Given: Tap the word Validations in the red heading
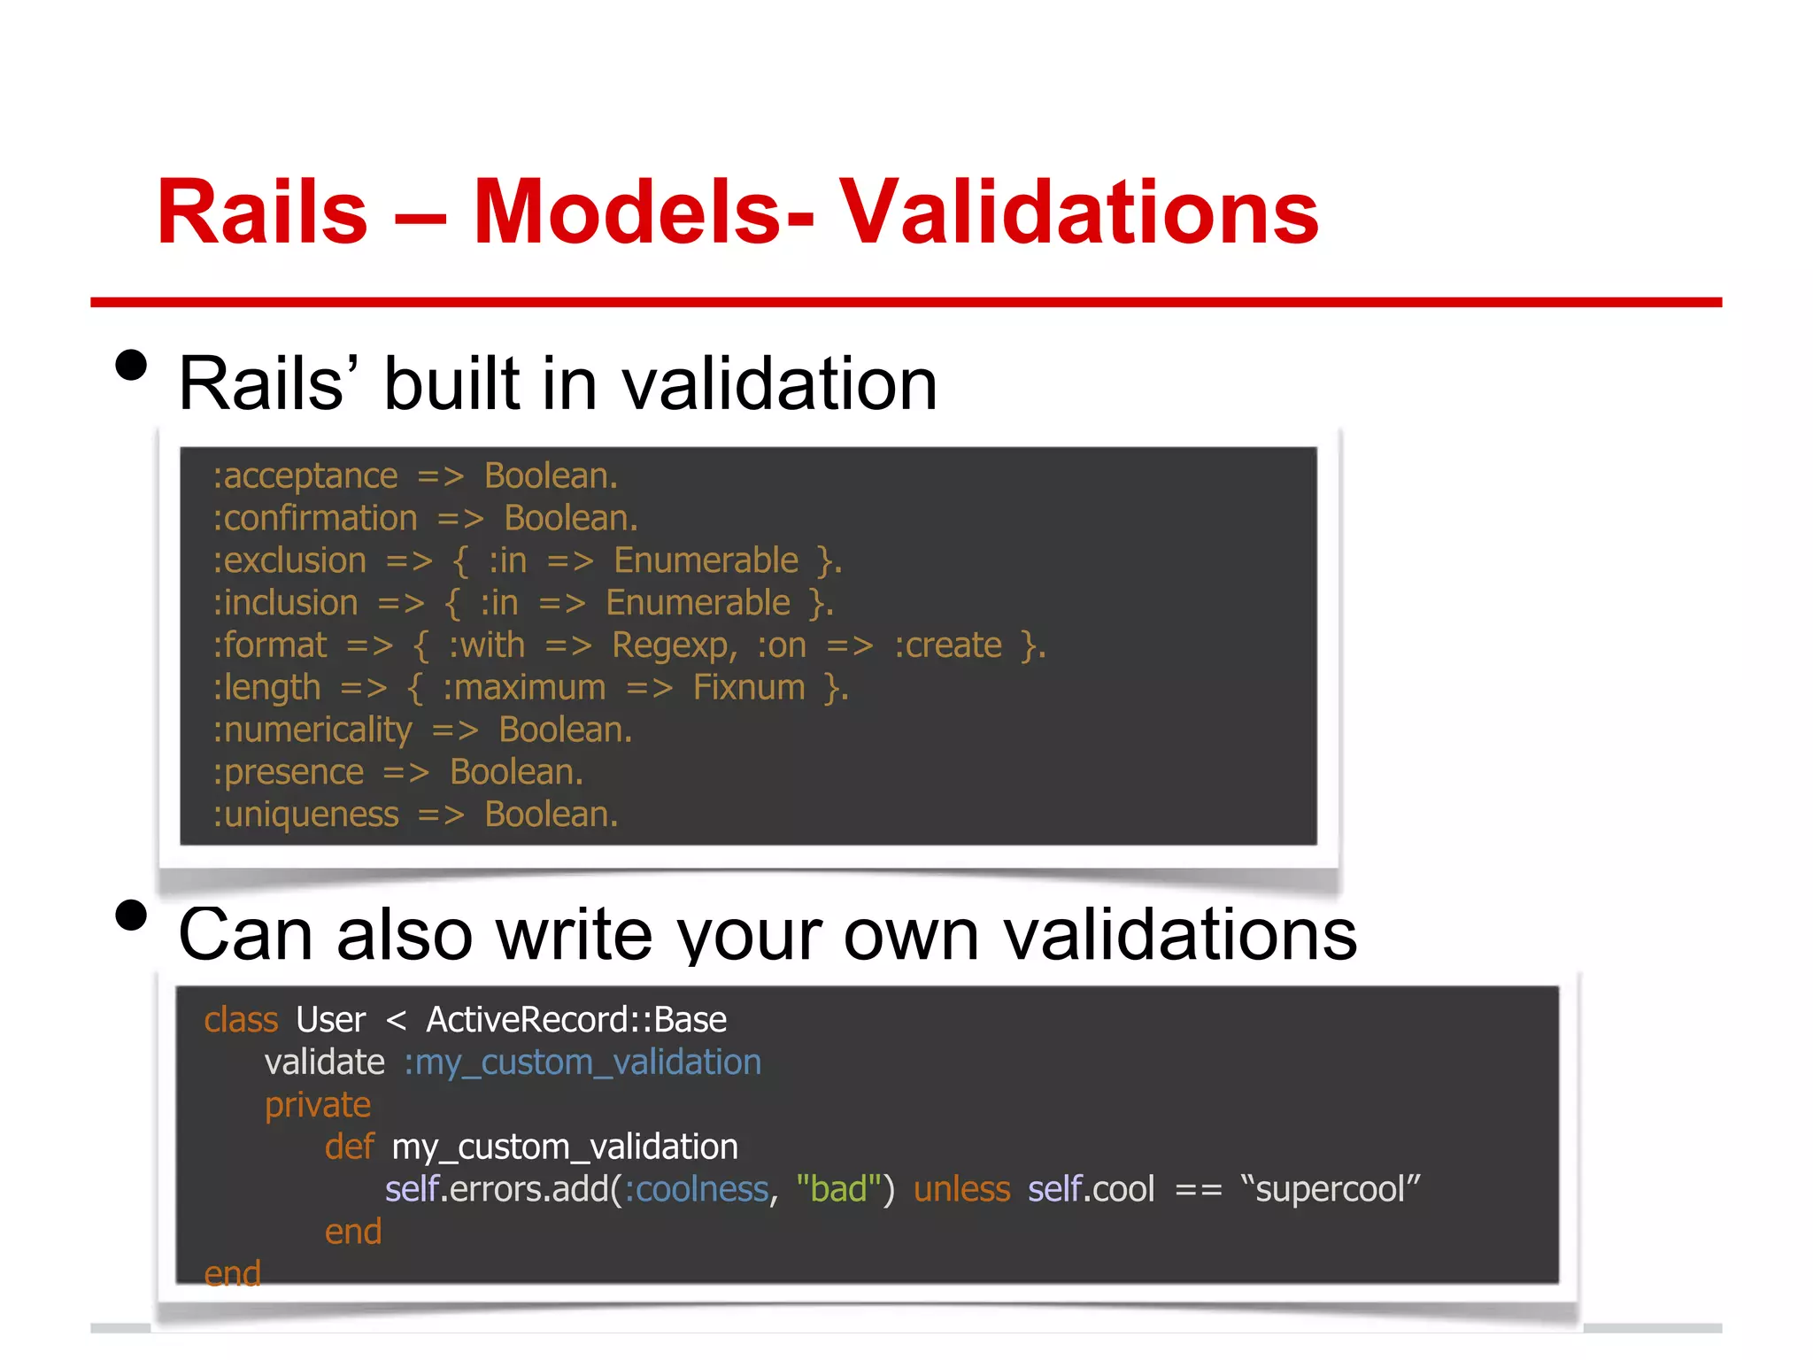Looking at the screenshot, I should pos(1078,212).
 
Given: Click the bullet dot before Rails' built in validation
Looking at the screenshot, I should pos(131,365).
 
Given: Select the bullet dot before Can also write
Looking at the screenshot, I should pos(131,916).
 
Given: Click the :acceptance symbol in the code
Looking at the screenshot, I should pos(305,477).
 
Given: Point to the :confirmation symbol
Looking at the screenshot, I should pos(315,519).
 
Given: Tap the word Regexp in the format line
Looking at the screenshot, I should pos(673,645).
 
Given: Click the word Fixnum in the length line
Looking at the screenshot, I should pos(749,688).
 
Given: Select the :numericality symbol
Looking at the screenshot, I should pos(312,730).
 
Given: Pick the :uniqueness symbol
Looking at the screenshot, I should pos(306,815).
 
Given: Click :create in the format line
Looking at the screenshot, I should pos(948,645).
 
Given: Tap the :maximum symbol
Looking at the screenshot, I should pos(524,688).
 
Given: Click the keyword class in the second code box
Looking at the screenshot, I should pos(241,1020).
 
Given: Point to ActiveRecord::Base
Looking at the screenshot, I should pos(576,1020).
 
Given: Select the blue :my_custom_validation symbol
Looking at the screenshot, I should pos(582,1062).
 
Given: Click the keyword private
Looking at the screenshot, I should pos(318,1105).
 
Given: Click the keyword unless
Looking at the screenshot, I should pos(961,1189).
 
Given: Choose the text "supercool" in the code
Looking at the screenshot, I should pos(1330,1189).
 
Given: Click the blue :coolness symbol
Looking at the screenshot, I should pos(697,1189).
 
